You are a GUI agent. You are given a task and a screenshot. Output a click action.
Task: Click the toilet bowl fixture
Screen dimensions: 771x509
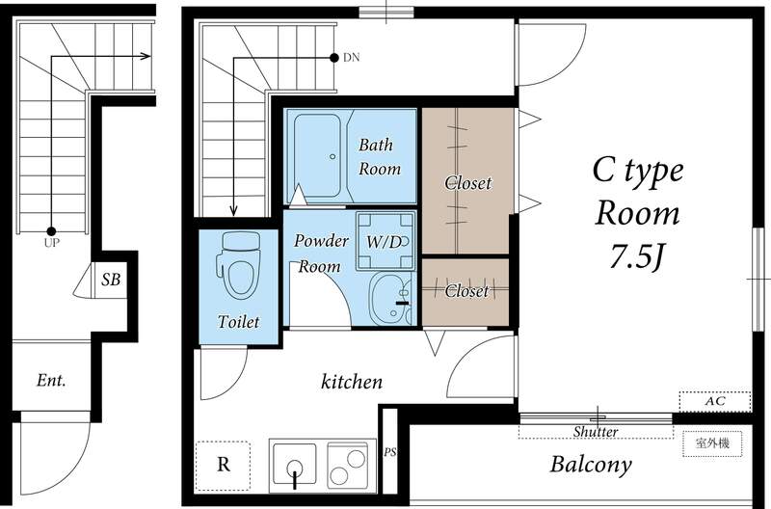point(238,265)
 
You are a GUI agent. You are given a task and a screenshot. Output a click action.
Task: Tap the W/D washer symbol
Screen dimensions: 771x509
point(386,241)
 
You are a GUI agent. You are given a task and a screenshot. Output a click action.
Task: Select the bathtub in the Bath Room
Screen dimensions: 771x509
point(318,156)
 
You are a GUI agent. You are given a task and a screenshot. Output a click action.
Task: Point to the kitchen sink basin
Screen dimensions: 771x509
point(295,464)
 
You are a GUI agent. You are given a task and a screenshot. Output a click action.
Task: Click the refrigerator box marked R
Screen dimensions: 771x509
point(223,466)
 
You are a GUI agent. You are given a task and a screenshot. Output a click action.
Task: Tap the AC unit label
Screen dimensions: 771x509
point(715,401)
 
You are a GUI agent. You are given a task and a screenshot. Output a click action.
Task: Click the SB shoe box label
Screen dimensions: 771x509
point(111,280)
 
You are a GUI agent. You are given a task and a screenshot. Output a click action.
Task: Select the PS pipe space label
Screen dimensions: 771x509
point(390,451)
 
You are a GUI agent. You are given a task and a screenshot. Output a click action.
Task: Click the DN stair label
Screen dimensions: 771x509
point(352,58)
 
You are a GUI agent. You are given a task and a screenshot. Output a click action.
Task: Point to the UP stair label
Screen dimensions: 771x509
point(52,243)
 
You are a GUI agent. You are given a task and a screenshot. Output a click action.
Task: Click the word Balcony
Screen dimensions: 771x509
point(591,465)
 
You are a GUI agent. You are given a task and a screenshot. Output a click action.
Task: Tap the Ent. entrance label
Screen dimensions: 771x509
point(51,380)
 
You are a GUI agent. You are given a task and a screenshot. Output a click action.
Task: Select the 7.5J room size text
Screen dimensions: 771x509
point(637,256)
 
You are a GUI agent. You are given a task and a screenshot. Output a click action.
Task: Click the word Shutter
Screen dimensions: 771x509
point(596,432)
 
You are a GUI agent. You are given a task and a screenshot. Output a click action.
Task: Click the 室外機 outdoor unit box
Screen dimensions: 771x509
point(712,443)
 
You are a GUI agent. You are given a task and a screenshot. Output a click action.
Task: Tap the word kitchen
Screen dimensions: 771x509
point(352,382)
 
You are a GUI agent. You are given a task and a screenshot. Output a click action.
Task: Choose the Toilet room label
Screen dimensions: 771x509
point(238,322)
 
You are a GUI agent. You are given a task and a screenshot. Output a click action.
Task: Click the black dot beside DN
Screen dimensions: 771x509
point(334,58)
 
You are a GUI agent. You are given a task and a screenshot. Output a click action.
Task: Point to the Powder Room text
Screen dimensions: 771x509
point(321,253)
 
